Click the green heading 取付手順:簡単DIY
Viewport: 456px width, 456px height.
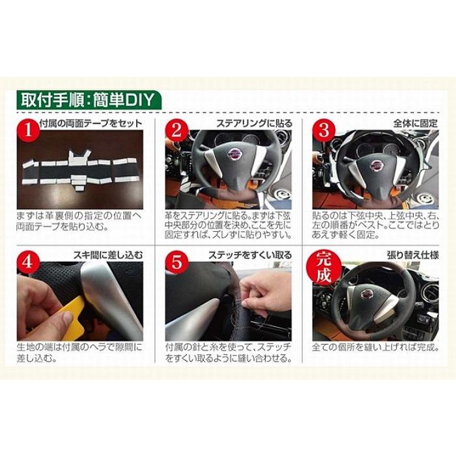tap(89, 100)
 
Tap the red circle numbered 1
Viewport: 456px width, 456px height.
tap(28, 130)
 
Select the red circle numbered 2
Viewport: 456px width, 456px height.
tap(176, 130)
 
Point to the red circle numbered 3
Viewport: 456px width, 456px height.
tap(323, 130)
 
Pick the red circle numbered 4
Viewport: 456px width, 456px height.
tap(28, 262)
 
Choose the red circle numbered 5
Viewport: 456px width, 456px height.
tap(176, 262)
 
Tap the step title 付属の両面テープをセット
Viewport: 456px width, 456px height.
tap(91, 124)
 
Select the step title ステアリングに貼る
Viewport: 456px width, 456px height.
tap(254, 124)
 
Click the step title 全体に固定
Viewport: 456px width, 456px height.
tap(416, 124)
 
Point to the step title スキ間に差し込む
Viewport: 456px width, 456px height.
tap(108, 255)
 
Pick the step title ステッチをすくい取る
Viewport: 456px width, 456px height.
tap(250, 255)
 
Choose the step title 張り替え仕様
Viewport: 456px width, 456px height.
tap(412, 255)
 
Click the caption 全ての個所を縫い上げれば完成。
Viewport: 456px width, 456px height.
tap(375, 347)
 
